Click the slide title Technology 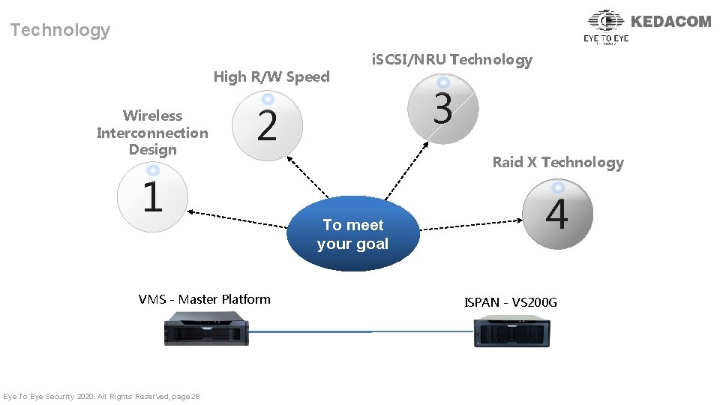pyautogui.click(x=60, y=30)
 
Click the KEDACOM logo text pyautogui.click(x=671, y=22)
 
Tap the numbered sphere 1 pyautogui.click(x=152, y=197)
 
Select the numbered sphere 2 pyautogui.click(x=267, y=124)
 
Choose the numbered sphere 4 pyautogui.click(x=557, y=214)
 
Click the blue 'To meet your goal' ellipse pyautogui.click(x=352, y=234)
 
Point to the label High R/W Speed pyautogui.click(x=271, y=76)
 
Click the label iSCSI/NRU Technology pyautogui.click(x=452, y=60)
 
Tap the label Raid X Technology pyautogui.click(x=558, y=163)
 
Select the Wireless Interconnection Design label pyautogui.click(x=152, y=133)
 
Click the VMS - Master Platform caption pyautogui.click(x=205, y=299)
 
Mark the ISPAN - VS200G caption pyautogui.click(x=511, y=302)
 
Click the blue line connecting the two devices pyautogui.click(x=360, y=331)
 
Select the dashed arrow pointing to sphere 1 pyautogui.click(x=240, y=218)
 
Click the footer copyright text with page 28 pyautogui.click(x=101, y=396)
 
